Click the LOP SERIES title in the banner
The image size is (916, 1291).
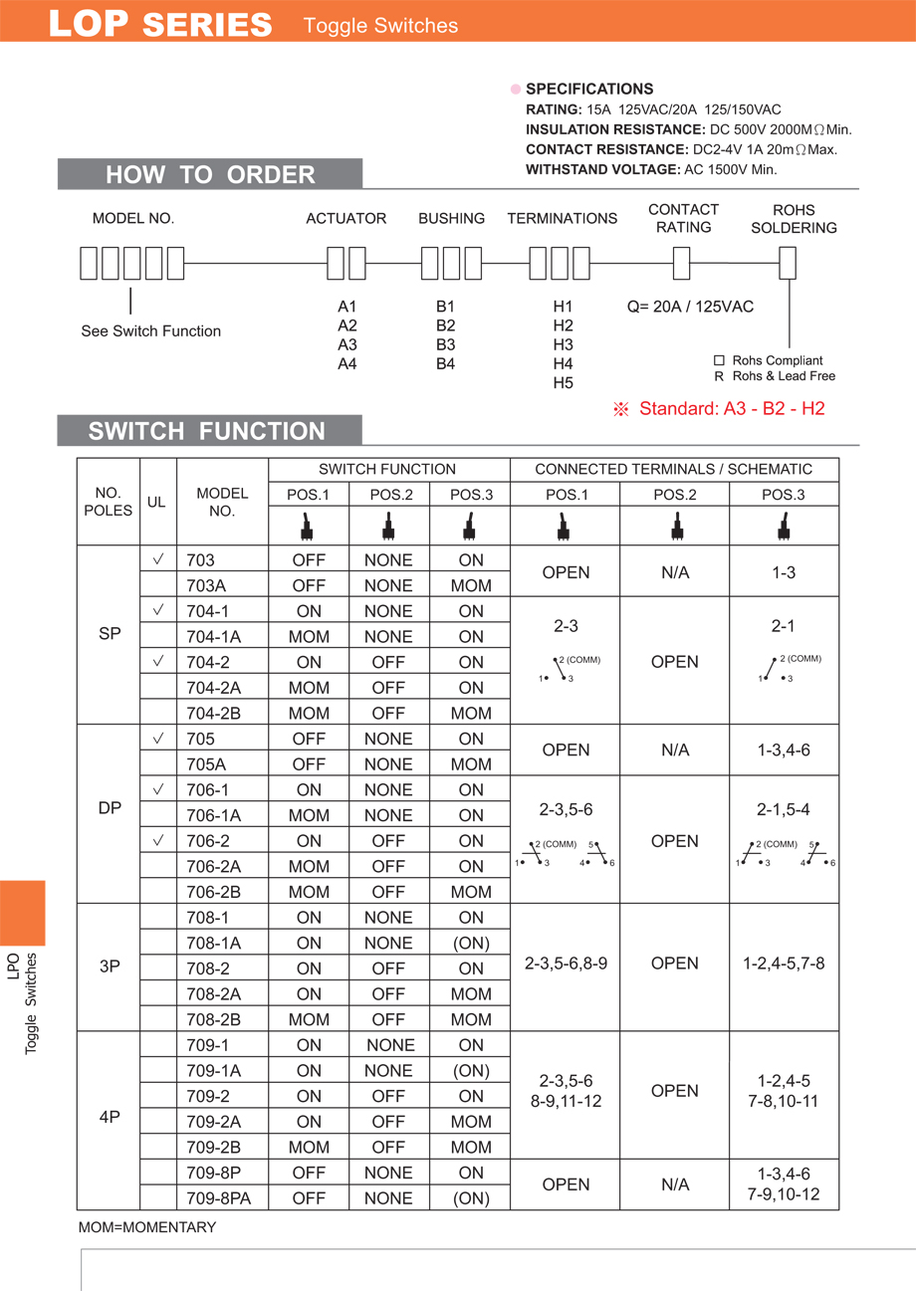point(160,25)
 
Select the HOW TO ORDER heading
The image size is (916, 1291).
point(210,175)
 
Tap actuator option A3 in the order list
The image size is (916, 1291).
point(346,344)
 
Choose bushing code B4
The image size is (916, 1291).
point(445,363)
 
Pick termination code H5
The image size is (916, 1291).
point(563,382)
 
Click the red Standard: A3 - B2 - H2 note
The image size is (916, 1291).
point(720,408)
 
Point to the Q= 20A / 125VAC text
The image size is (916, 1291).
point(690,307)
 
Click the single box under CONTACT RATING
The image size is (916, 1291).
point(682,263)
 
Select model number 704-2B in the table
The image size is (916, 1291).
point(214,713)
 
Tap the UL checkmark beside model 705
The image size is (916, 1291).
point(158,739)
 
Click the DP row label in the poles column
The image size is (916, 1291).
point(110,808)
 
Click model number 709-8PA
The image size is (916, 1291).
point(219,1198)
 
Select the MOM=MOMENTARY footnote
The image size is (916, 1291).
point(146,1227)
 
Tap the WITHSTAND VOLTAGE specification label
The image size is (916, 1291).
point(602,169)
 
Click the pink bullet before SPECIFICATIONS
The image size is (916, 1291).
point(516,89)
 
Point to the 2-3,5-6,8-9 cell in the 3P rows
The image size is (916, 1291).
point(566,963)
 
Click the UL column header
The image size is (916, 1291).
point(156,502)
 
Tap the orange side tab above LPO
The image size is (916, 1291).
point(22,912)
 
